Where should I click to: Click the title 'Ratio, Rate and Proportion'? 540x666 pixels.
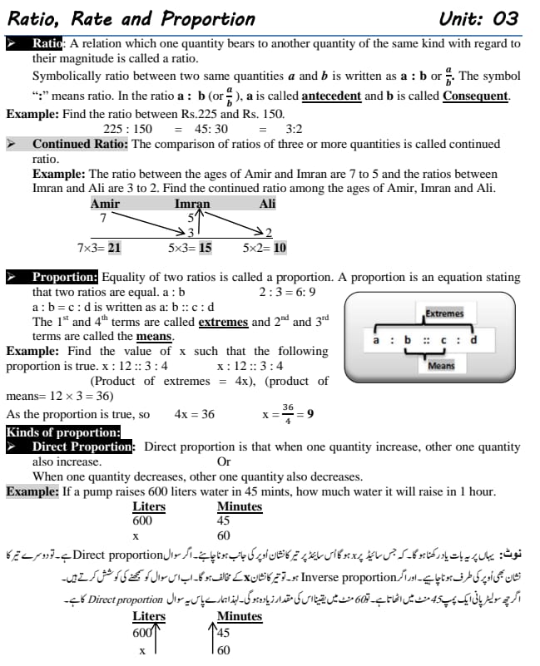click(131, 18)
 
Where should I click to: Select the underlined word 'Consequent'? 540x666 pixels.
click(475, 96)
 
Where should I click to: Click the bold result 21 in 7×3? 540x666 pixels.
click(114, 248)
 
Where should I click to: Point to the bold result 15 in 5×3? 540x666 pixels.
click(205, 248)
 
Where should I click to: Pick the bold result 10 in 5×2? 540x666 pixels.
click(280, 248)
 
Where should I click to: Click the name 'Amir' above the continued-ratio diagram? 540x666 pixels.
click(105, 204)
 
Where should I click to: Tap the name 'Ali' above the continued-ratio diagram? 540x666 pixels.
click(267, 204)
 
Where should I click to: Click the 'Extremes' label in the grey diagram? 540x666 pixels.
click(444, 313)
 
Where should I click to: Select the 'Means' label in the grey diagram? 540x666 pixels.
click(441, 365)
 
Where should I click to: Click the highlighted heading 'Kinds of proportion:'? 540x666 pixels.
click(63, 432)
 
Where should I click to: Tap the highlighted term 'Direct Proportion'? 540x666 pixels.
click(82, 446)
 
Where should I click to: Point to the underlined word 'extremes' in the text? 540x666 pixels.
click(223, 322)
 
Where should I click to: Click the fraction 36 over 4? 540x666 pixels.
click(288, 413)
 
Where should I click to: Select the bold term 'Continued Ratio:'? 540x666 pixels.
click(80, 144)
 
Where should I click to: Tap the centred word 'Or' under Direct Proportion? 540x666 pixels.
click(224, 461)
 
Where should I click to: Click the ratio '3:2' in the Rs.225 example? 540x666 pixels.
click(294, 129)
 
